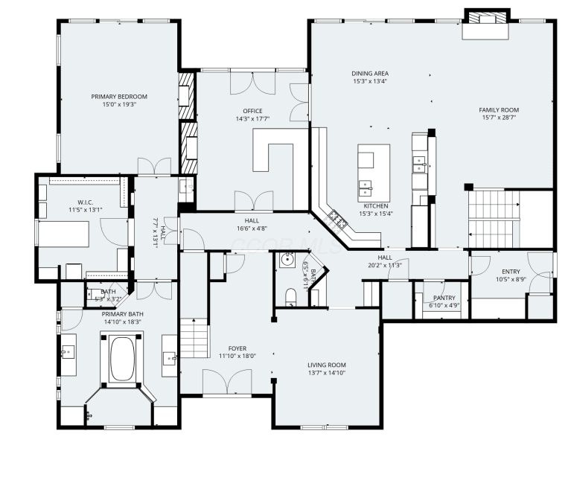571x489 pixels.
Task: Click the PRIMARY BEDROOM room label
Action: click(119, 97)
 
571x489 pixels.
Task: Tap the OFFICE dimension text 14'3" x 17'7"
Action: click(252, 118)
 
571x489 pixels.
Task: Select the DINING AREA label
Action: click(370, 74)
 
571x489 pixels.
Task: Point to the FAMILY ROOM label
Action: click(499, 110)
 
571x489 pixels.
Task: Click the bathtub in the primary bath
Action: click(122, 359)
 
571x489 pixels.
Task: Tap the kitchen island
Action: click(374, 173)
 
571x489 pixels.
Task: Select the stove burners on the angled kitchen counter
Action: click(337, 220)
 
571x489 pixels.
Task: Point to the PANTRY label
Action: click(444, 298)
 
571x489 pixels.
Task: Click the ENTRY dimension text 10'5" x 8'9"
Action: click(511, 280)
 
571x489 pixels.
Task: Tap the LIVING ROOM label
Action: click(327, 365)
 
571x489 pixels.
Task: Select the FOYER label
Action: click(237, 348)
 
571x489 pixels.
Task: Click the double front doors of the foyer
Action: click(227, 383)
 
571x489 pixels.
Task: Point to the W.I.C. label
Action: click(85, 202)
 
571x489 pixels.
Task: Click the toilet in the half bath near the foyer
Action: click(290, 297)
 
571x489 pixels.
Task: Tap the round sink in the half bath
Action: click(287, 260)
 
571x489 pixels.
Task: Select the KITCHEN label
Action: click(376, 206)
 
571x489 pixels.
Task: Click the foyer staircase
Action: click(195, 338)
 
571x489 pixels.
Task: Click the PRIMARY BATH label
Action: click(122, 314)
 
